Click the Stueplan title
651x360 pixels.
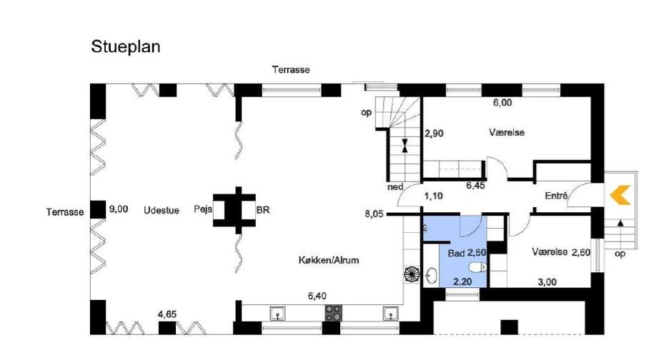(125, 47)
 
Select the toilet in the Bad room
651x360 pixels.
(477, 266)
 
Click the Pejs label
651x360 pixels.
(203, 209)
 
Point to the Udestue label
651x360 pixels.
(161, 210)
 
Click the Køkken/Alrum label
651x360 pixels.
(329, 260)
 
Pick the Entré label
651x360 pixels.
(557, 195)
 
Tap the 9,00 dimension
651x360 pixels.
(119, 209)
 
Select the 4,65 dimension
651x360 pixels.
(167, 314)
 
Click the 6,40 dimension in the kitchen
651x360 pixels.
(317, 296)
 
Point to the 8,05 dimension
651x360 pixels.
(374, 214)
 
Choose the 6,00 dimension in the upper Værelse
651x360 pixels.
(502, 103)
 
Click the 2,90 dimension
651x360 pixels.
(434, 134)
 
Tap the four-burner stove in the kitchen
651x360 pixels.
(334, 313)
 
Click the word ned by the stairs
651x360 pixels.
(395, 187)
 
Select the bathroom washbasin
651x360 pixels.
(431, 275)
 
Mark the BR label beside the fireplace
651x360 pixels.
(263, 210)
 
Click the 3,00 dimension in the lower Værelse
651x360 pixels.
(547, 282)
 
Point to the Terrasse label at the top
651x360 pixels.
(291, 70)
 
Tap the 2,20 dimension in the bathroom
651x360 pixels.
(462, 281)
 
